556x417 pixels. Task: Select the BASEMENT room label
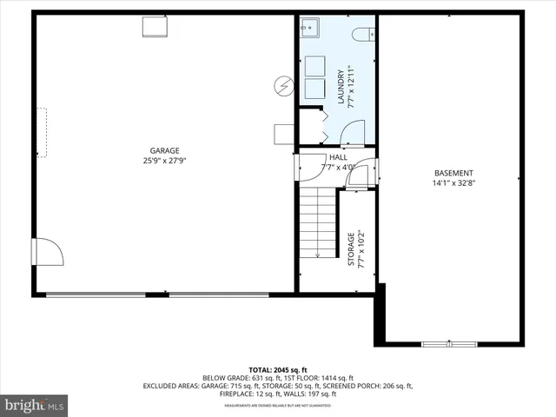(x=453, y=172)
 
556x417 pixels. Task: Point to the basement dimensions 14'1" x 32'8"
(x=453, y=183)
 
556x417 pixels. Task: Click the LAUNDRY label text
(x=341, y=87)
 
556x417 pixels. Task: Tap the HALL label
(x=338, y=156)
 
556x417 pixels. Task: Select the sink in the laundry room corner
(x=309, y=29)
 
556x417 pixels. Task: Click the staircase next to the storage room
(x=317, y=224)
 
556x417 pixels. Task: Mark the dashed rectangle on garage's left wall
(x=41, y=132)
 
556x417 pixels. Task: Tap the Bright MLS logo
(x=35, y=405)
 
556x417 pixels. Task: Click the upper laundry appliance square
(x=314, y=65)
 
